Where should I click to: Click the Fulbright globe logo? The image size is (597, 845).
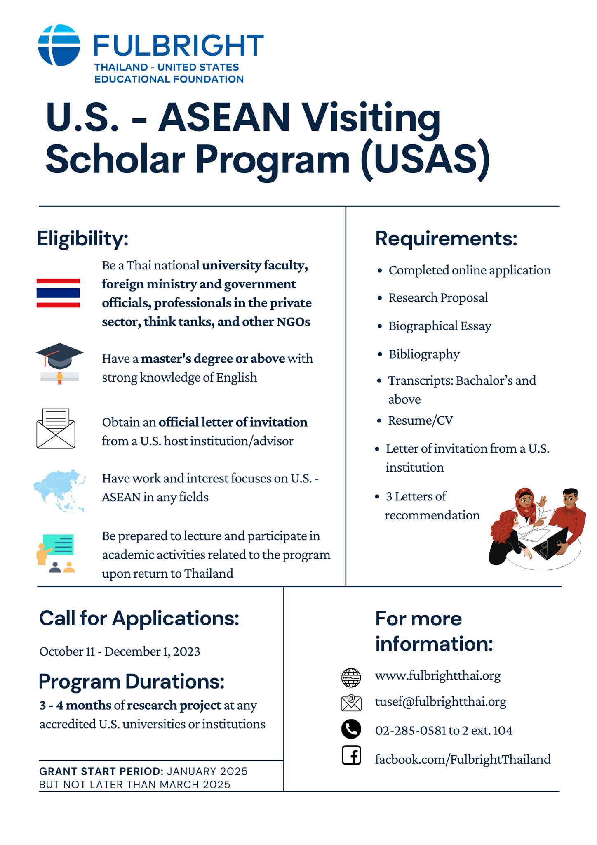[x=59, y=45]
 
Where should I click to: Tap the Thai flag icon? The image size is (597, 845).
[x=58, y=293]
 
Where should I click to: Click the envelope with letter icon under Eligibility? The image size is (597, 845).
[x=56, y=429]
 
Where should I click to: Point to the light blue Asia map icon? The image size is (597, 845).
[x=60, y=490]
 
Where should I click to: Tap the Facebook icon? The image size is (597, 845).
[x=351, y=755]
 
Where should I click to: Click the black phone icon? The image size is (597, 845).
[x=351, y=729]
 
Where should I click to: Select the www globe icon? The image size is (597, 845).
[x=351, y=677]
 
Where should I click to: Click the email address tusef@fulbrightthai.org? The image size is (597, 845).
[x=440, y=701]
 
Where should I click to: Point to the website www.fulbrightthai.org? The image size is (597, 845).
[x=437, y=675]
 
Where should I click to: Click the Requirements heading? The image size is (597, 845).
[x=446, y=239]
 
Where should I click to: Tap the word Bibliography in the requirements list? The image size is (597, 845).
[x=424, y=354]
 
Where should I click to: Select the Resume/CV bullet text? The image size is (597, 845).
[x=420, y=420]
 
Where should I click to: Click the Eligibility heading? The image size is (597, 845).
[x=82, y=239]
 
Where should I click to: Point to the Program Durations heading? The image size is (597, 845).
[x=132, y=681]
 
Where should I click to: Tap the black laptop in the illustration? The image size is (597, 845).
[x=550, y=543]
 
